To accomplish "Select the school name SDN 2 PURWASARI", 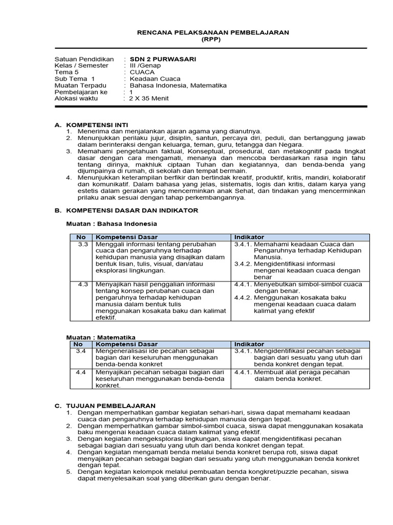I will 156,59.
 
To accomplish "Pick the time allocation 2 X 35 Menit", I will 149,98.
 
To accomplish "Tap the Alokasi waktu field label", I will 77,98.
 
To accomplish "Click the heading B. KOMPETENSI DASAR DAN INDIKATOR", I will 126,211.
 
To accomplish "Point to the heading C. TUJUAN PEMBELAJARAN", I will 105,406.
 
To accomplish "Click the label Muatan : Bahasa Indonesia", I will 112,224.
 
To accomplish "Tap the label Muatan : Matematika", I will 100,337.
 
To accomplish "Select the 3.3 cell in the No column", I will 83,245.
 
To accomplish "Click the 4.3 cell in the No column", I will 83,284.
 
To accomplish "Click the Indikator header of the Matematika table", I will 249,344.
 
